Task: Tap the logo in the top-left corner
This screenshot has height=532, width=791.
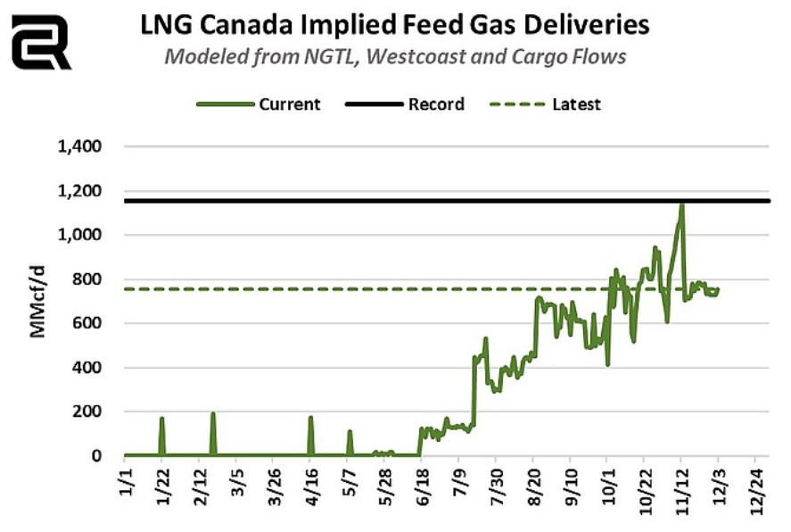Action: click(x=40, y=41)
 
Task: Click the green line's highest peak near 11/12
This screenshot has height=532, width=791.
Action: click(x=681, y=205)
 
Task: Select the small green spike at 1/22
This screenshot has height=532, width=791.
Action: click(x=162, y=420)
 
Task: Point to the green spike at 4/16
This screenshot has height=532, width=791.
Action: click(x=310, y=418)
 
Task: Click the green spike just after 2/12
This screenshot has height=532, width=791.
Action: click(x=213, y=414)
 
